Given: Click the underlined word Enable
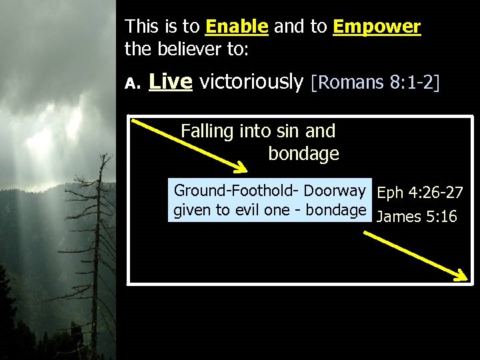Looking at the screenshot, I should click(x=237, y=27).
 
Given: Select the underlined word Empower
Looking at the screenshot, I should click(x=377, y=27).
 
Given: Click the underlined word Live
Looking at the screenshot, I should click(x=171, y=82).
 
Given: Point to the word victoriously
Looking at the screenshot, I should click(x=251, y=82).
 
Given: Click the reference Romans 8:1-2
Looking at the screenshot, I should click(x=375, y=83).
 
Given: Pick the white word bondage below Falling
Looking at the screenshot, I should click(x=303, y=154).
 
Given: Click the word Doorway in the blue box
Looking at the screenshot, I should click(x=335, y=191).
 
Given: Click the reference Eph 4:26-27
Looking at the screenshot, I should click(x=420, y=193).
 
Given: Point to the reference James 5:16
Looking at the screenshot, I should click(x=417, y=217).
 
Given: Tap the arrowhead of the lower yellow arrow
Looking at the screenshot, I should click(x=461, y=277).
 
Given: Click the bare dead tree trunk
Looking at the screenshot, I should click(x=94, y=267).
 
